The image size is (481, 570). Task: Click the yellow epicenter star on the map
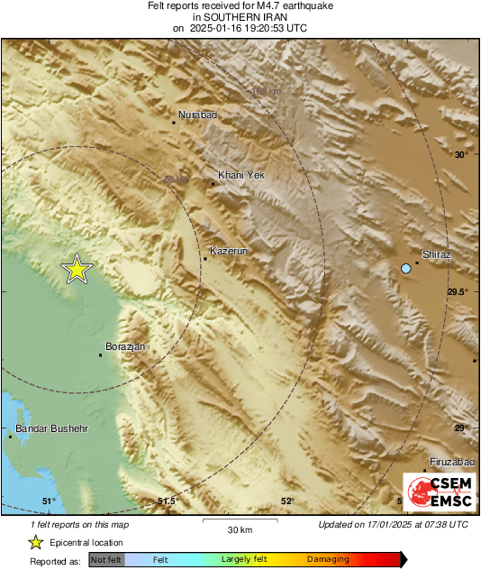pos(77,269)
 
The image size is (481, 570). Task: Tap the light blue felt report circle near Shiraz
pos(406,269)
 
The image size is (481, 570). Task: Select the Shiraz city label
pos(437,255)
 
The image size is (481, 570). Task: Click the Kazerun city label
pos(228,250)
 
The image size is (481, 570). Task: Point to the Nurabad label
pos(198,115)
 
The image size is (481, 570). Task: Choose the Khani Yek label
pos(241,175)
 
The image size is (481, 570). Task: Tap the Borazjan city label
pos(125,346)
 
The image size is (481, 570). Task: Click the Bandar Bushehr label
pos(52,428)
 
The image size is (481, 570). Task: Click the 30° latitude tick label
pos(461,155)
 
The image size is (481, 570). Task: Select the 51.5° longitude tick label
pos(168,501)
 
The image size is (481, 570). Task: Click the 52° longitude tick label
pos(287,501)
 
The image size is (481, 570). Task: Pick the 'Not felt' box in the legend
pos(106,559)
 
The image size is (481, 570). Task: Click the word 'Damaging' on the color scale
pos(327,559)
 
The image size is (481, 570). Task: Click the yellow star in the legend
pos(35,542)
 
